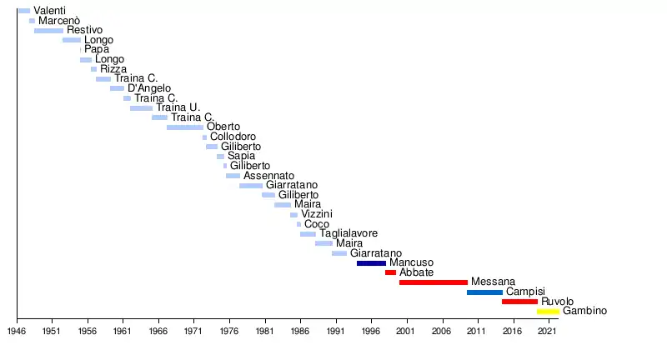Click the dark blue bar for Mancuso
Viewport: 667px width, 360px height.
click(x=371, y=263)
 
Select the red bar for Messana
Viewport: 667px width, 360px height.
click(x=433, y=282)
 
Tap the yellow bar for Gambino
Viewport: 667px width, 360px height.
click(x=548, y=312)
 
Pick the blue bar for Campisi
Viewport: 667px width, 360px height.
click(x=484, y=292)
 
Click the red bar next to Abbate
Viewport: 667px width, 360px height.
click(x=390, y=272)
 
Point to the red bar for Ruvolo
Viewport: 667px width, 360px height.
click(x=519, y=302)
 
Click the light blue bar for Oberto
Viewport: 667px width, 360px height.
click(x=184, y=127)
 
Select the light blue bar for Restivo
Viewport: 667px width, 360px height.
click(x=48, y=31)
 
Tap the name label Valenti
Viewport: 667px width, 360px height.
click(x=50, y=11)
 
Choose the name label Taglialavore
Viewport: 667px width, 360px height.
click(x=349, y=234)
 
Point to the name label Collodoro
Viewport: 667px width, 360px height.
click(x=233, y=137)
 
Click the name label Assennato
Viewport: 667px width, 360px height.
click(x=268, y=176)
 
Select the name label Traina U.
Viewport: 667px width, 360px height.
click(x=178, y=107)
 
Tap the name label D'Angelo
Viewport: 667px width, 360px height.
click(x=149, y=88)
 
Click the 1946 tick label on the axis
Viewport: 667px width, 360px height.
click(x=17, y=332)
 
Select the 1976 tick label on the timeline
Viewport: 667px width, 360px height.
click(x=228, y=332)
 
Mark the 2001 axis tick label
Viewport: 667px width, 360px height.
click(x=406, y=332)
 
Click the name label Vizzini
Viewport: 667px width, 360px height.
click(x=317, y=214)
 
